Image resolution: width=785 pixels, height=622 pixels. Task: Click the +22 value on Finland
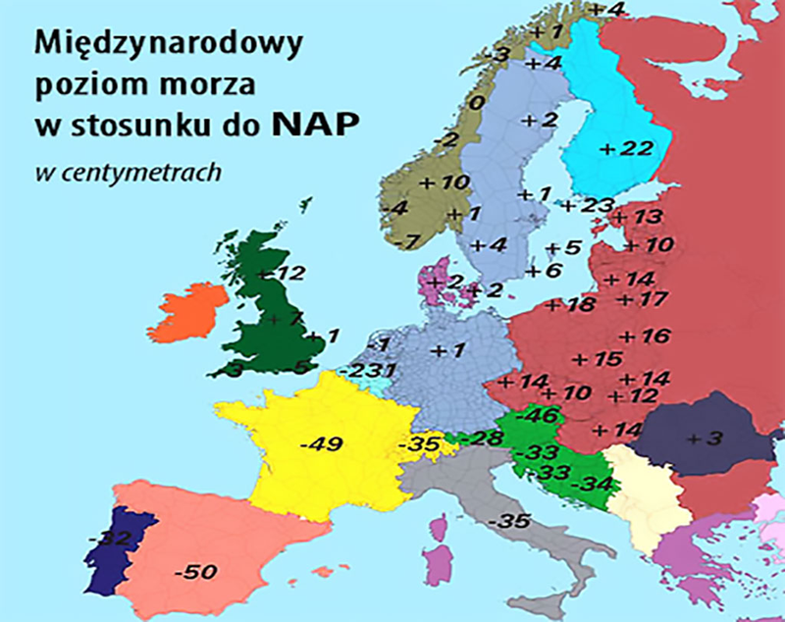625,148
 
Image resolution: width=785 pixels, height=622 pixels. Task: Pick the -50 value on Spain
194,571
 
